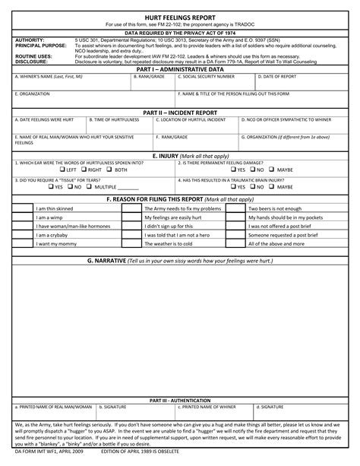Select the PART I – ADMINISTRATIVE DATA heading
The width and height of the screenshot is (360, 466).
pyautogui.click(x=180, y=69)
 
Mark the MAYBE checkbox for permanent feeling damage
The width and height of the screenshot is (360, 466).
pyautogui.click(x=272, y=170)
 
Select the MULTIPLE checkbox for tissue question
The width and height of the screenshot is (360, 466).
pyautogui.click(x=90, y=186)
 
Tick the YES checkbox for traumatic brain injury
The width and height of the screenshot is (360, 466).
pyautogui.click(x=233, y=186)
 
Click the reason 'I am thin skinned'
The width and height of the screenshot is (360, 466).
pyautogui.click(x=55, y=208)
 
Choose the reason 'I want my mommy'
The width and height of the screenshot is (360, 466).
pyautogui.click(x=55, y=244)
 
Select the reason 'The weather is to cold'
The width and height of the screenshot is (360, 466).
pyautogui.click(x=169, y=244)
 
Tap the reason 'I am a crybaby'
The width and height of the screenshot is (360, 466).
pyautogui.click(x=53, y=235)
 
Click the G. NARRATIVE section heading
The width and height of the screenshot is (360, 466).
pyautogui.click(x=180, y=260)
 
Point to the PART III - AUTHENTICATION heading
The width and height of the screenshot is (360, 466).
pyautogui.click(x=180, y=399)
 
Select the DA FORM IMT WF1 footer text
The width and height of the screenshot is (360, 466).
pyautogui.click(x=44, y=453)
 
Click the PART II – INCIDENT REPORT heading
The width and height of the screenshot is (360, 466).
pyautogui.click(x=180, y=112)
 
